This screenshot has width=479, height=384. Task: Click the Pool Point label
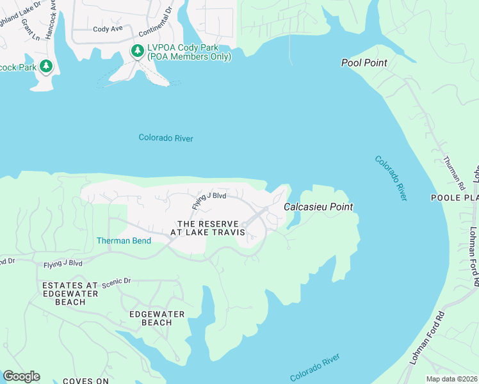(364, 63)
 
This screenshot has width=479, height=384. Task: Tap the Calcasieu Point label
(318, 207)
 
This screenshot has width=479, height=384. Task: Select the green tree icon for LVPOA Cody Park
(137, 50)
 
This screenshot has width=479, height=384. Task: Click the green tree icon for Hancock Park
(45, 65)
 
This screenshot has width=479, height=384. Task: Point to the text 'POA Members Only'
(189, 57)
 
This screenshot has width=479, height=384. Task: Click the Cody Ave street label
(107, 29)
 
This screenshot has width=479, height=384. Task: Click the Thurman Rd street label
(454, 173)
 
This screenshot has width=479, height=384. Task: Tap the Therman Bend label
(124, 241)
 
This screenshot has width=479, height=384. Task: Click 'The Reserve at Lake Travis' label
(211, 228)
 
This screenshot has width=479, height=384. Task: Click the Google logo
(21, 376)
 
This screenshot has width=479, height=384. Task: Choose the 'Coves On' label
(85, 381)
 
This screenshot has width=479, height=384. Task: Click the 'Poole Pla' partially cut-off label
(454, 198)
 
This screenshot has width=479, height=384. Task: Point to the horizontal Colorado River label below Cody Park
(166, 138)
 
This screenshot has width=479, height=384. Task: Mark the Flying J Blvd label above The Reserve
(209, 200)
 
